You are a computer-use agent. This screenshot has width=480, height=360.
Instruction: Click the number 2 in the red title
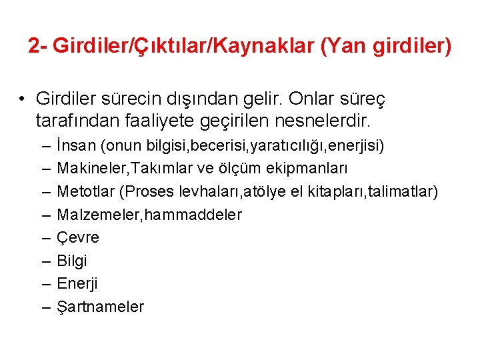coord(33,46)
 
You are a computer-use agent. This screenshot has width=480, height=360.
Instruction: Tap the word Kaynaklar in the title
coord(249,46)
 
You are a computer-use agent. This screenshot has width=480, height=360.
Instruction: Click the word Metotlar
coord(85,192)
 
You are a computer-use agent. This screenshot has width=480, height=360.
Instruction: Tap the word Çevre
coord(77,237)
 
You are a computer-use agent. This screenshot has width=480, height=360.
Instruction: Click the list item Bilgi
coord(71,261)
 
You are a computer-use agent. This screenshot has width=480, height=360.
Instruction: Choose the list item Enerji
coord(77,284)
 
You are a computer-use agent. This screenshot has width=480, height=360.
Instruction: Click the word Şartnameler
coord(100,307)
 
